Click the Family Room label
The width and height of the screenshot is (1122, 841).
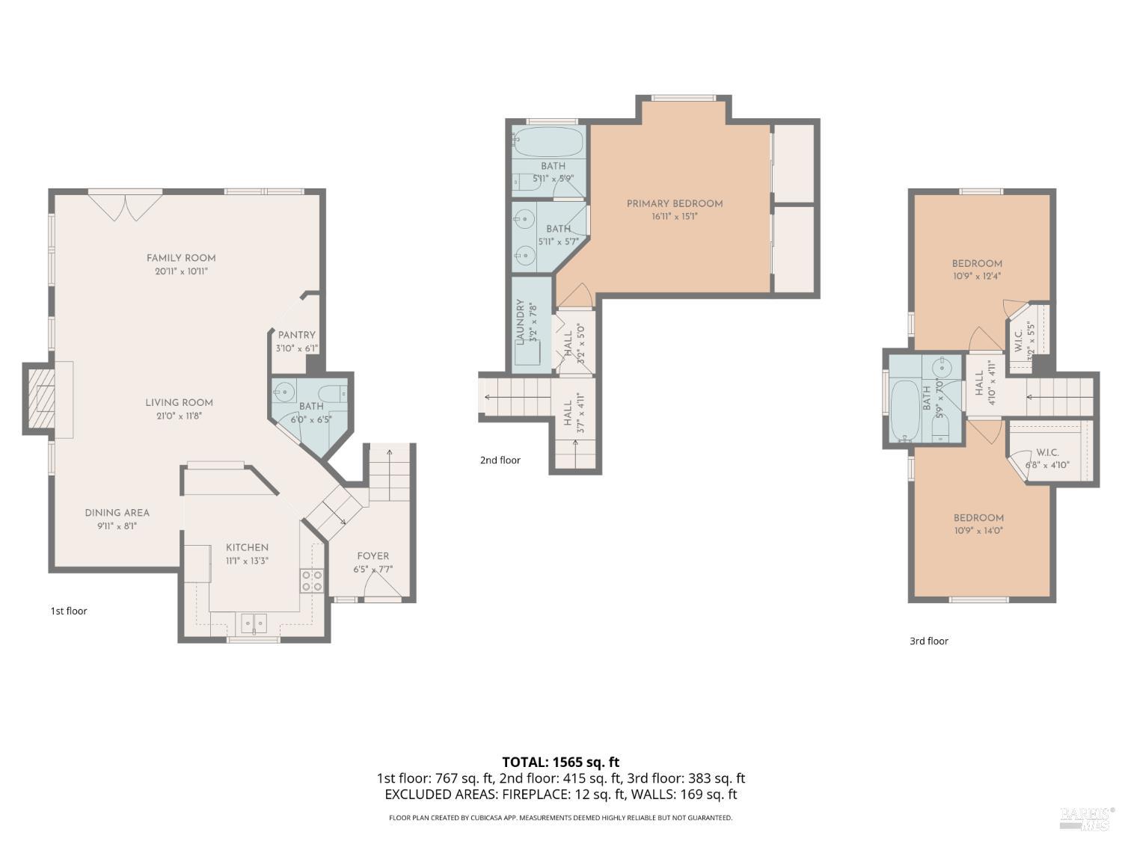(x=181, y=258)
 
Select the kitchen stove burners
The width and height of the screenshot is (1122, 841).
(x=311, y=581)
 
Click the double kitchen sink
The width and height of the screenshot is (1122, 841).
(x=254, y=623)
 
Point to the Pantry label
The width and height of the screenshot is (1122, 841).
(x=296, y=335)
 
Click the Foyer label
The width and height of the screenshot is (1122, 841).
(x=373, y=555)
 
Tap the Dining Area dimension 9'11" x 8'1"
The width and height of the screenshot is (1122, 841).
(x=116, y=526)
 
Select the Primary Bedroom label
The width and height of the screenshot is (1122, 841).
(x=674, y=203)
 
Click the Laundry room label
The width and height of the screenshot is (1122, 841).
(x=520, y=322)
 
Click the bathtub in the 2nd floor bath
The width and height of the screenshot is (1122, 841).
(x=548, y=141)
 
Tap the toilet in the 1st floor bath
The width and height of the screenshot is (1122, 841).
(x=332, y=392)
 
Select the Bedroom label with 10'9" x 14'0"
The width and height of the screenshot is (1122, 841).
(x=978, y=517)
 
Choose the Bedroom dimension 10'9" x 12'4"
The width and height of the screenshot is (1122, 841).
(x=976, y=276)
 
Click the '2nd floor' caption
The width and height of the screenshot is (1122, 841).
(x=500, y=460)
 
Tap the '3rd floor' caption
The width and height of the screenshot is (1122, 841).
(x=928, y=641)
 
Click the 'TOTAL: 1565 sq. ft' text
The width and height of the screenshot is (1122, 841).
(x=560, y=762)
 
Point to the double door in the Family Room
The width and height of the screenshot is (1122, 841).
(x=125, y=206)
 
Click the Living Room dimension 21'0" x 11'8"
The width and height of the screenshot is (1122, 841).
(x=179, y=416)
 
